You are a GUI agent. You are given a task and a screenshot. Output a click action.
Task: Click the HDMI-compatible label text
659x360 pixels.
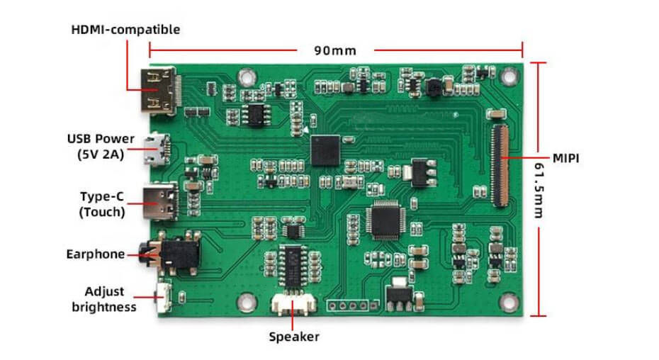coord(125,30)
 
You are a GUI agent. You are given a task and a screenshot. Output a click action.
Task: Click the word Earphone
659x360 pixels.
coord(95,254)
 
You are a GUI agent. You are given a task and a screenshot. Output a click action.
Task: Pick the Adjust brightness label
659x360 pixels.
coord(109,299)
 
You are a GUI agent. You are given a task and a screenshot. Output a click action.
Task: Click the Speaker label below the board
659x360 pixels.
coord(293,337)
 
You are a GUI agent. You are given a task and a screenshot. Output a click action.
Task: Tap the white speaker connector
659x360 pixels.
coord(293,306)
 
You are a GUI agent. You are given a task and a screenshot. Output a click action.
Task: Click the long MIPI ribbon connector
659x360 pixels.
coord(500,157)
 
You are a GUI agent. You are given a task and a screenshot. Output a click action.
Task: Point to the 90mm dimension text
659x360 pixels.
coord(334,51)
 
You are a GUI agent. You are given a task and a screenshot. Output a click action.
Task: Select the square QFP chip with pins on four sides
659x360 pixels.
coord(385,220)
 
